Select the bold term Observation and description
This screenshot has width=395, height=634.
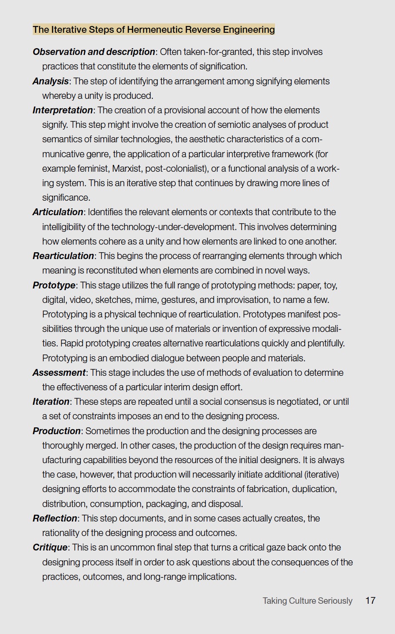(94, 52)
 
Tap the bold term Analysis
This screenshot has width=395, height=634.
(51, 81)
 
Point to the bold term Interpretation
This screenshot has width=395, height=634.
(63, 110)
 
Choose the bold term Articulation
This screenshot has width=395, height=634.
(58, 212)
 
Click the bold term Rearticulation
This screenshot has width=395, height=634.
(63, 256)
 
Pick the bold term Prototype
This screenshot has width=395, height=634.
(54, 285)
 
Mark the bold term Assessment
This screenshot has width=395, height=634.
(59, 373)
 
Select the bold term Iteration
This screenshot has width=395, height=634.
(51, 402)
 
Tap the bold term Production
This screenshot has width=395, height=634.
(57, 431)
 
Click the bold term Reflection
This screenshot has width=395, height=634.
(55, 519)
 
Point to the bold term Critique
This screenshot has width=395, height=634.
(50, 548)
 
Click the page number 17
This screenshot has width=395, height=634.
(370, 601)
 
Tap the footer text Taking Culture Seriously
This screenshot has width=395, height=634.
(307, 601)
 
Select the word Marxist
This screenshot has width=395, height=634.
(127, 169)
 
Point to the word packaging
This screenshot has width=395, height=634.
(166, 504)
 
